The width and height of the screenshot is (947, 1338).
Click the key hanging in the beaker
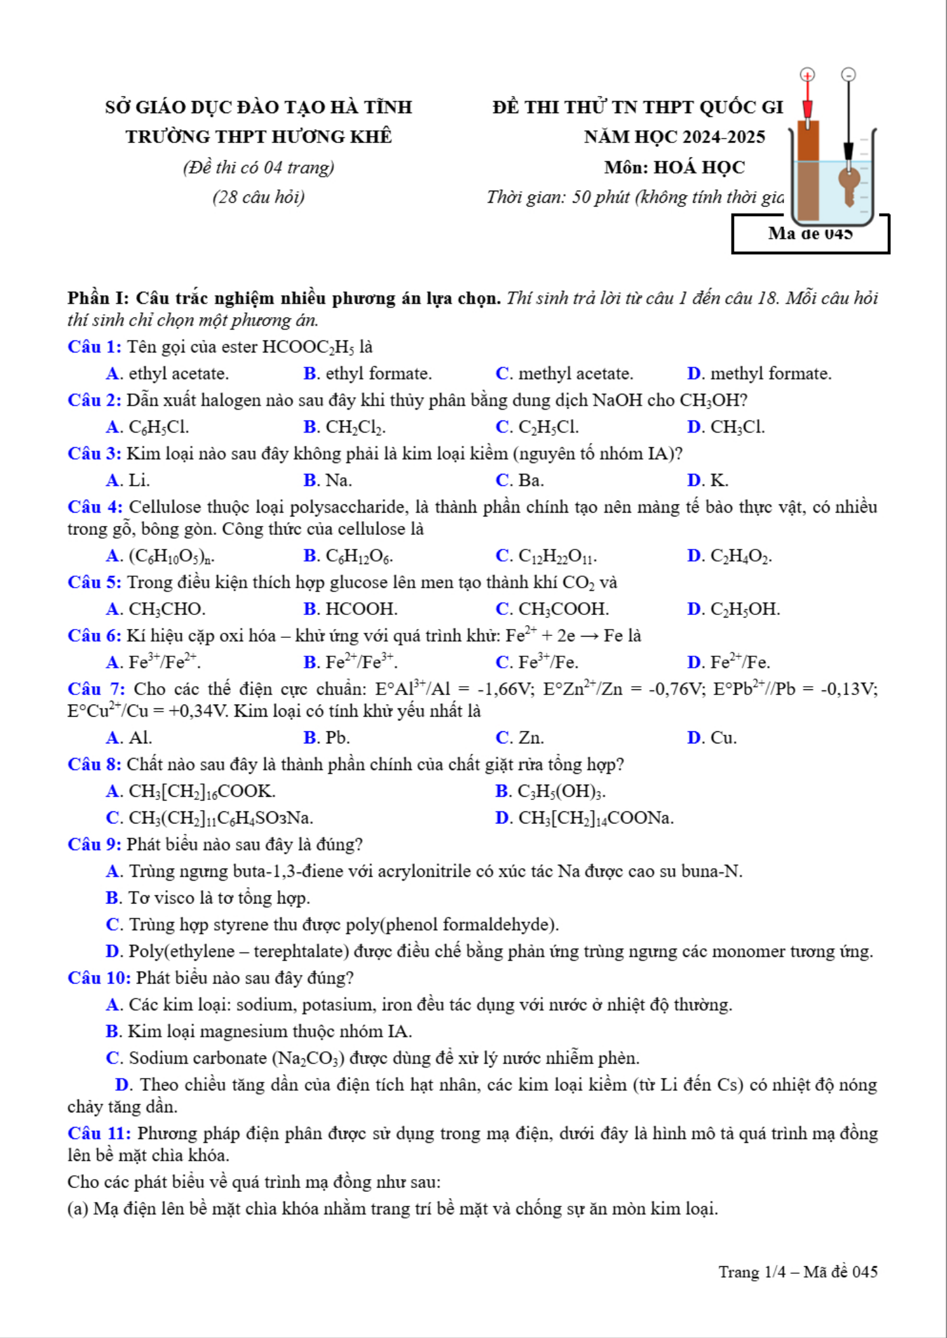pyautogui.click(x=848, y=184)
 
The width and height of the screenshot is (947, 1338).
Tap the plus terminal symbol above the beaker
pyautogui.click(x=807, y=75)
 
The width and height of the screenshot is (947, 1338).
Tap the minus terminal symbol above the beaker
pyautogui.click(x=848, y=75)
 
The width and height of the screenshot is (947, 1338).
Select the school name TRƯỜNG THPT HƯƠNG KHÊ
pyautogui.click(x=259, y=137)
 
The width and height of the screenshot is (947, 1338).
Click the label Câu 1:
pyautogui.click(x=94, y=347)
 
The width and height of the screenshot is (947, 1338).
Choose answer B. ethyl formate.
pyautogui.click(x=367, y=374)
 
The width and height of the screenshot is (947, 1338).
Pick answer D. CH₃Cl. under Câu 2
pyautogui.click(x=726, y=427)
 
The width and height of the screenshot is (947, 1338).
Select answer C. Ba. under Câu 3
pyautogui.click(x=519, y=480)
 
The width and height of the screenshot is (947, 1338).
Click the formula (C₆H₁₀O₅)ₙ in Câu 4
pyautogui.click(x=172, y=557)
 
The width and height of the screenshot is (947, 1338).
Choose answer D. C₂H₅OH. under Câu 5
pyautogui.click(x=733, y=609)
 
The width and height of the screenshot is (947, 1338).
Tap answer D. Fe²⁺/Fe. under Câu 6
pyautogui.click(x=728, y=663)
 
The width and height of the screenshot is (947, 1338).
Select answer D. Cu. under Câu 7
pyautogui.click(x=712, y=738)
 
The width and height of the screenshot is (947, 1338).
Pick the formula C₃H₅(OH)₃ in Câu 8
pyautogui.click(x=561, y=792)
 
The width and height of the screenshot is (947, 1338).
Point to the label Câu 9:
pyautogui.click(x=94, y=844)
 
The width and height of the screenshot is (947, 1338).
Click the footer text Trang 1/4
pyautogui.click(x=752, y=1272)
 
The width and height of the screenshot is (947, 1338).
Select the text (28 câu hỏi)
pyautogui.click(x=259, y=197)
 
